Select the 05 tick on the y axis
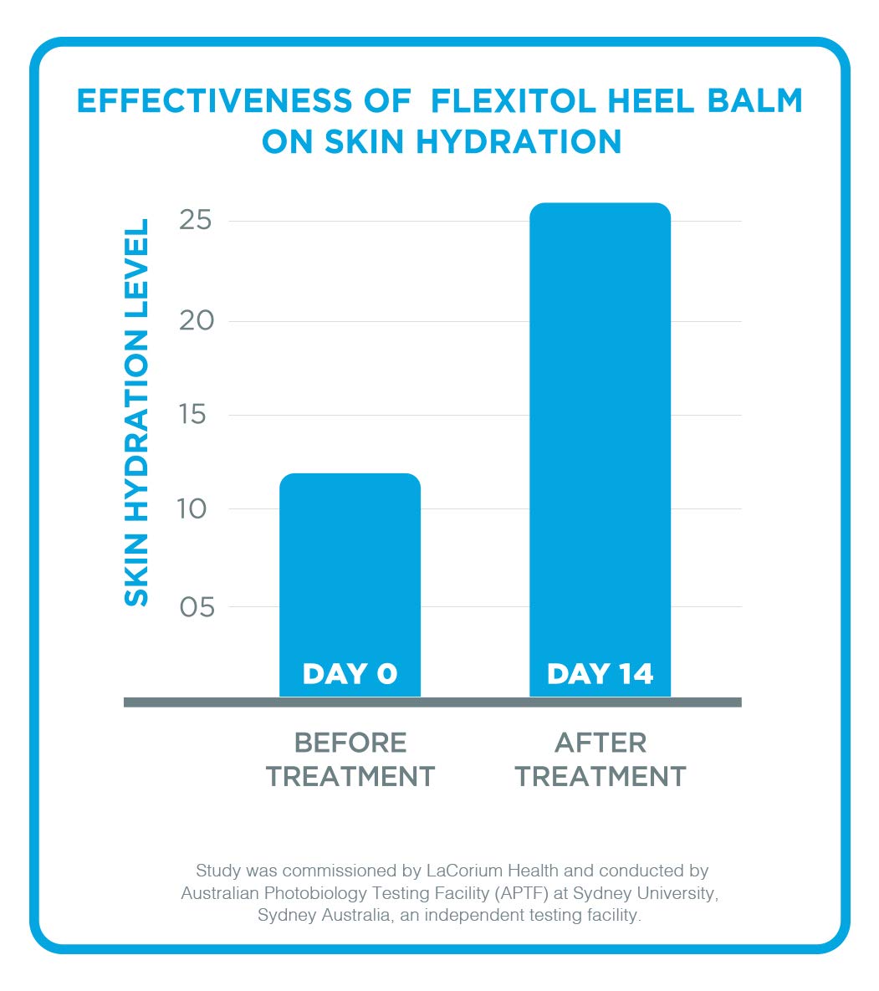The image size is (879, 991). coord(197,606)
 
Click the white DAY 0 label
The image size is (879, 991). coord(350,674)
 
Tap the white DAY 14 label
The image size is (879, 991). coord(600,674)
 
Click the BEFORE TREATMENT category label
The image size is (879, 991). coord(350,759)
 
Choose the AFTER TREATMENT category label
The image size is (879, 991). coord(600,759)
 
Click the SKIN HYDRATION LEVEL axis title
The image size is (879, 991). coord(136,412)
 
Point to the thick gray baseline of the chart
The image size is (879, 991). coord(432,702)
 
